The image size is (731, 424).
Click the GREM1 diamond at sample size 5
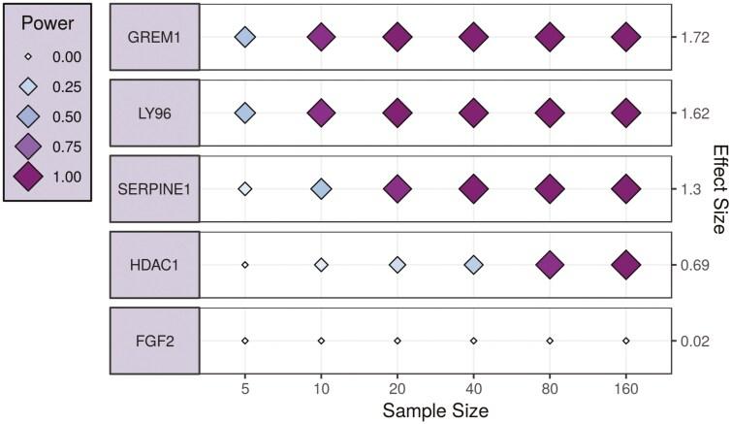tap(245, 37)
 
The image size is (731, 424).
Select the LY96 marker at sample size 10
tap(321, 113)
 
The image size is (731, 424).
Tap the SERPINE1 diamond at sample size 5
tap(245, 188)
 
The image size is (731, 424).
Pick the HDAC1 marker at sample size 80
tap(550, 264)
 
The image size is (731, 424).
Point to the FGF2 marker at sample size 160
tap(626, 341)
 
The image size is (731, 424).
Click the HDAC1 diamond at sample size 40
tap(473, 264)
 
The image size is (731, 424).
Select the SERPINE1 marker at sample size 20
tap(397, 188)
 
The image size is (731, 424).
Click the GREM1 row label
tap(155, 37)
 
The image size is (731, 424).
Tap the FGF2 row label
tap(155, 341)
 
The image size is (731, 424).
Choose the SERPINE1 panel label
tap(155, 188)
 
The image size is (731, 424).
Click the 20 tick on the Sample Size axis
tap(397, 386)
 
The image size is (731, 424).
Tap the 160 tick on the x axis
tap(626, 386)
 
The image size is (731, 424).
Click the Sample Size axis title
tap(435, 408)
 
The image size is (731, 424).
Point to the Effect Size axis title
tap(719, 189)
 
